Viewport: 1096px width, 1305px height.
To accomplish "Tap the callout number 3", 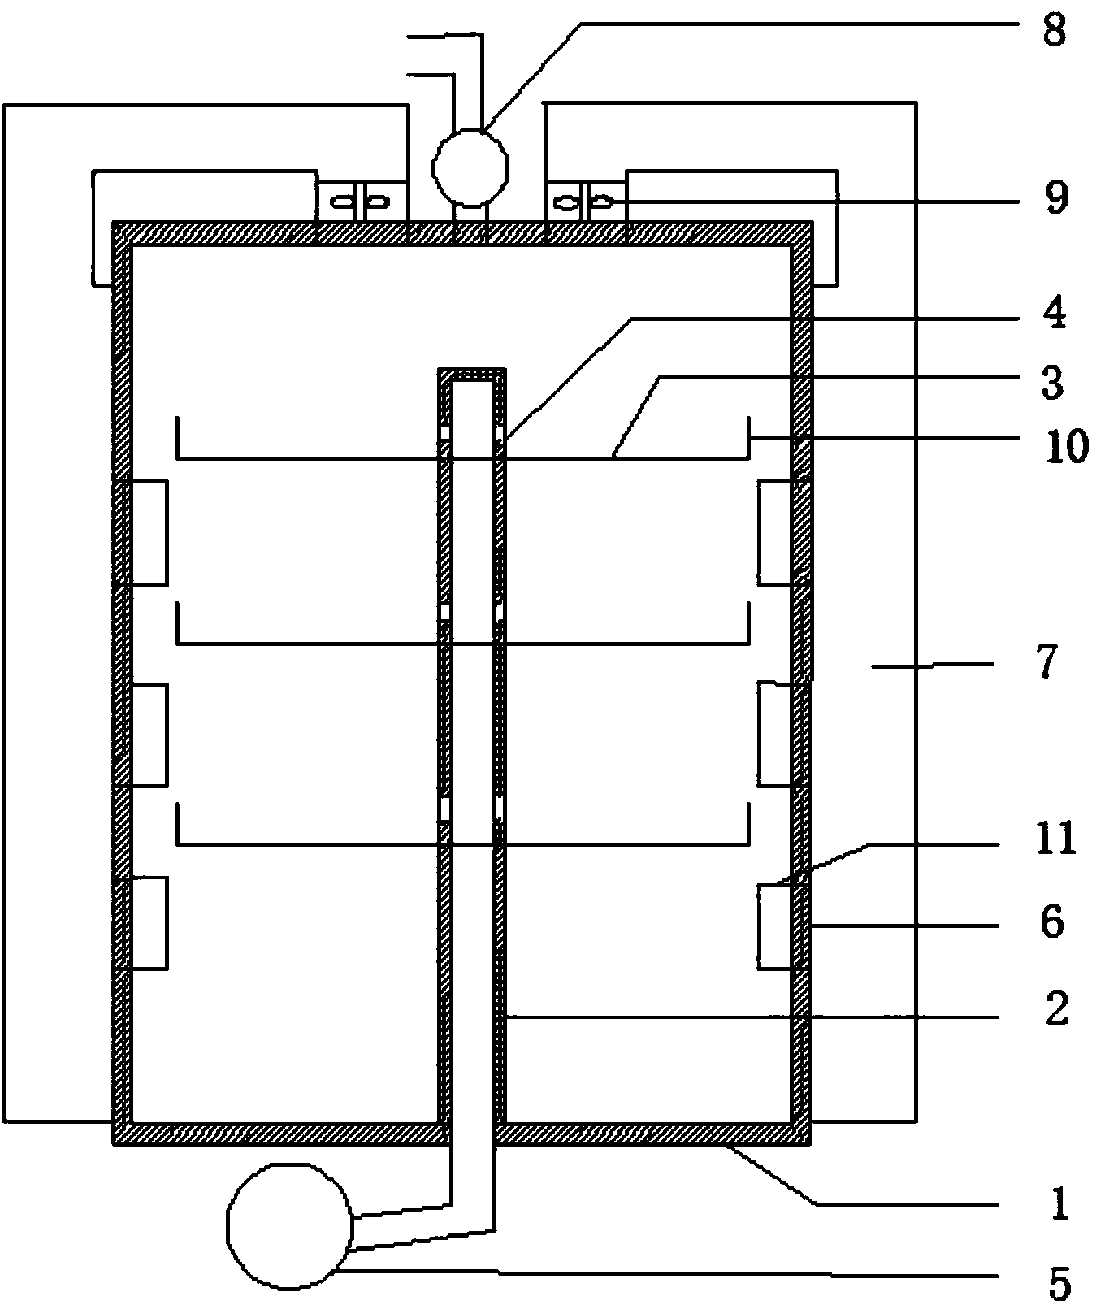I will [x=1052, y=383].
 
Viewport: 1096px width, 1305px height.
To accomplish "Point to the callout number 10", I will [x=1065, y=446].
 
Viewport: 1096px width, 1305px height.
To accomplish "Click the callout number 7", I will [x=1046, y=662].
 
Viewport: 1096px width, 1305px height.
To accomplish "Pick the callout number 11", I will [x=1055, y=839].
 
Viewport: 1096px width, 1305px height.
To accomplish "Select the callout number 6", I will [x=1051, y=922].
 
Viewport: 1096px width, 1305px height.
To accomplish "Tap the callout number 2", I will [x=1055, y=1010].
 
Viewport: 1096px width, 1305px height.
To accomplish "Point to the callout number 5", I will [x=1057, y=1282].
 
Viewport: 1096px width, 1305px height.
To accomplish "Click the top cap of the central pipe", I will [x=472, y=375].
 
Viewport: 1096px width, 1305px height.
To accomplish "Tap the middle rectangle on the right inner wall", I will [x=775, y=735].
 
